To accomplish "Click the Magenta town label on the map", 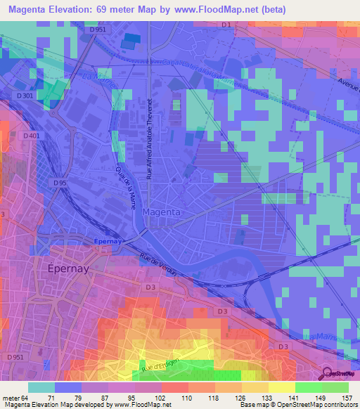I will point(162,212).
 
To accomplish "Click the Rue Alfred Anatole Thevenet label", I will point(149,141).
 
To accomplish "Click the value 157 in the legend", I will point(347,398).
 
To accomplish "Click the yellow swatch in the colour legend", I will point(281,387).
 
